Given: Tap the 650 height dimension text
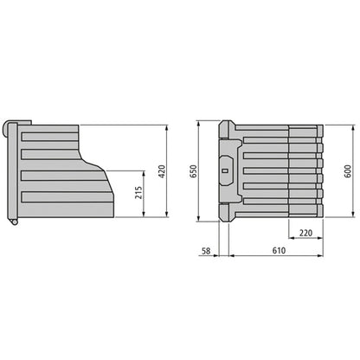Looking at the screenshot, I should coord(195,172).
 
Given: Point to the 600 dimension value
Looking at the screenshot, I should coord(347,170).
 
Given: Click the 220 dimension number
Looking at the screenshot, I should coord(305,233).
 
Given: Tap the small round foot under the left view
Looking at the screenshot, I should coord(16,225).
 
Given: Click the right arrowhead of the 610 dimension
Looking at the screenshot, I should coord(322,257).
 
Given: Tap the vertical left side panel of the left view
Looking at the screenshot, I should coord(12,173).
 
